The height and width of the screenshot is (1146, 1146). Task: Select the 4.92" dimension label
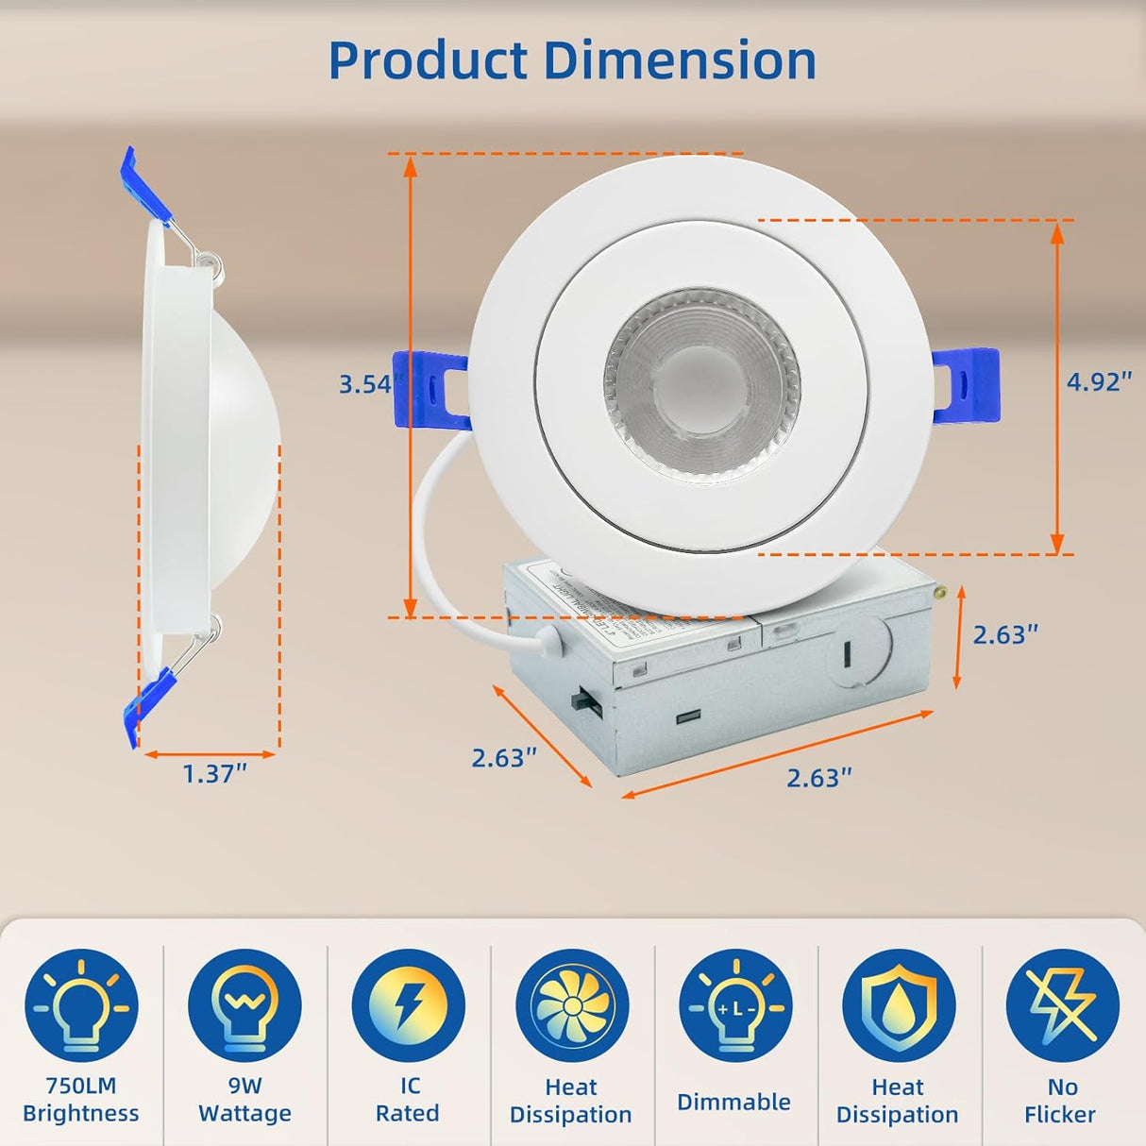1098,381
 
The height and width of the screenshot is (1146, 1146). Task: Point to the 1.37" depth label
214,774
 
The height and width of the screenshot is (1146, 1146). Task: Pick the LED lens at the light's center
700,385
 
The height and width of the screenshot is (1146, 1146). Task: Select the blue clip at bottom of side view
148,703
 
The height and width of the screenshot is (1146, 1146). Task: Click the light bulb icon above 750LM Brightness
81,1005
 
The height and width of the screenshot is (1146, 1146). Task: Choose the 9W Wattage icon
244,1005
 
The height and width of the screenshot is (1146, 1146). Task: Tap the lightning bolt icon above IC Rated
408,1005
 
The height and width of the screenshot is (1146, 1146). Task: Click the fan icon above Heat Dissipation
571,1005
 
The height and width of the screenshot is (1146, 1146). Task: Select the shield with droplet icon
898,1005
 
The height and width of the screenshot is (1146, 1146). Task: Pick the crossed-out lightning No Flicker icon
1062,1005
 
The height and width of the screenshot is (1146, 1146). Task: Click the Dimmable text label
733,1102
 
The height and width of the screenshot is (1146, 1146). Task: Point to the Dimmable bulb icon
734,1005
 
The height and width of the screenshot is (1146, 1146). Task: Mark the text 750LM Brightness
81,1100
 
